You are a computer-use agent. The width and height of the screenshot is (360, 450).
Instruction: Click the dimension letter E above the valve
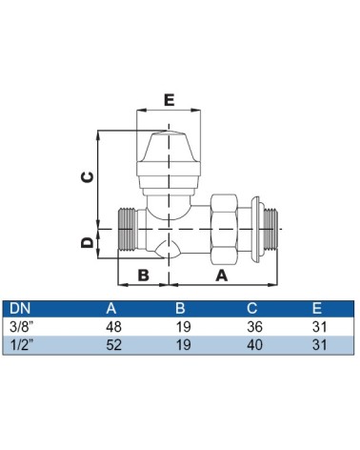(x=170, y=100)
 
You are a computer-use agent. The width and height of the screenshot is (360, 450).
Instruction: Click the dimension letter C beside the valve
(x=88, y=177)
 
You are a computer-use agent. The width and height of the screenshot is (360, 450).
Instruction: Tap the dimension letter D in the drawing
(x=88, y=243)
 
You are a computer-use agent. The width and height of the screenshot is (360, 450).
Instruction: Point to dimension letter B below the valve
(x=144, y=275)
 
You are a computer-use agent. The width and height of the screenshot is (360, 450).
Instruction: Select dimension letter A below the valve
(x=222, y=276)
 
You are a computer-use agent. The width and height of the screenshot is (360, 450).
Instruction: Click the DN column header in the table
(x=20, y=308)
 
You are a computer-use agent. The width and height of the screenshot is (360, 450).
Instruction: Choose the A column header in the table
(x=111, y=308)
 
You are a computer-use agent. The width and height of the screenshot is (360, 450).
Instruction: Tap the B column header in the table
(x=180, y=308)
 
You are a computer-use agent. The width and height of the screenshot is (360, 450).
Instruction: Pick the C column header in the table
(x=251, y=308)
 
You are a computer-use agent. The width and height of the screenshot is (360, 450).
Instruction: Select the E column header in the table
(x=317, y=308)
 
